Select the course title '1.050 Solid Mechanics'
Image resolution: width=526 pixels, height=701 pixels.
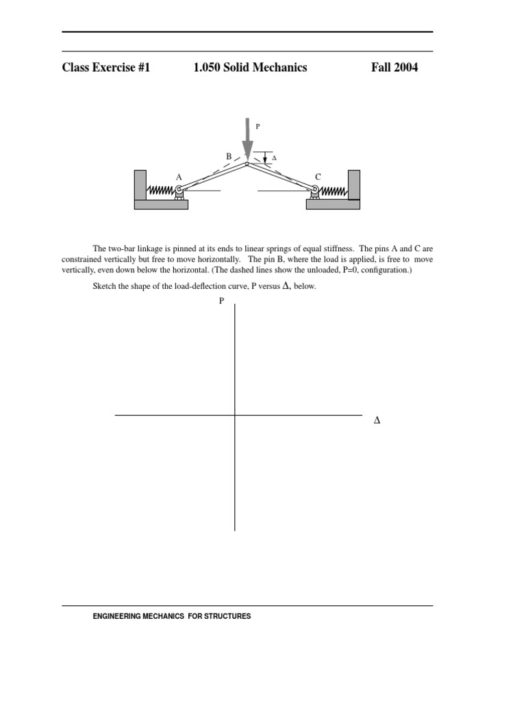250,67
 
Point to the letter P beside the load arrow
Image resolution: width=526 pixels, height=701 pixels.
258,127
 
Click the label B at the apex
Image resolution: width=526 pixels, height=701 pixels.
229,157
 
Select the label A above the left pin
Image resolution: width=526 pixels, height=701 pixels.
179,177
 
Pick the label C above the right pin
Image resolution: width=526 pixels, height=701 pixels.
318,177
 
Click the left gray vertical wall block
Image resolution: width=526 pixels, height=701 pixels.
140,185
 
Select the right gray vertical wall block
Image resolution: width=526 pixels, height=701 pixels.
354,185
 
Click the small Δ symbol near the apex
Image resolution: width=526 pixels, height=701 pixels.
275,158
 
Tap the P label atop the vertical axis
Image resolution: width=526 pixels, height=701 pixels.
221,301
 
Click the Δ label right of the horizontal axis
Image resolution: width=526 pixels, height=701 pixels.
377,420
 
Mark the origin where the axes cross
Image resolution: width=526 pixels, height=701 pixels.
235,415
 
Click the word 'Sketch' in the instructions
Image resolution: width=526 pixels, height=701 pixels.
104,287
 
